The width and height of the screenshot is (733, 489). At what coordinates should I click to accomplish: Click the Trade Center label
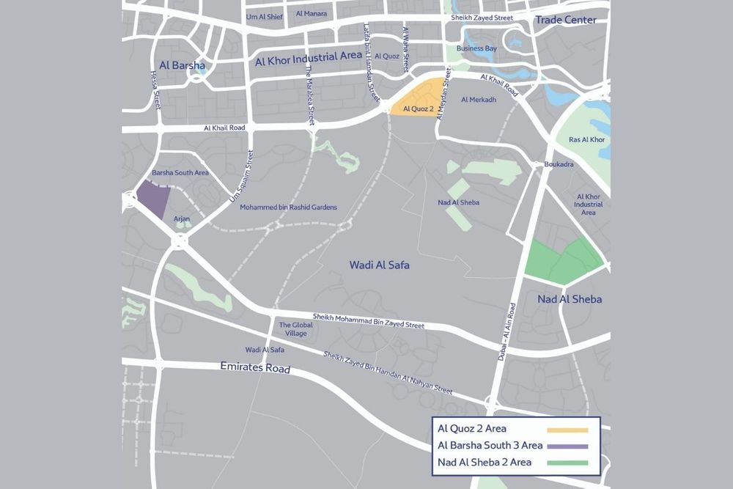pos(565,20)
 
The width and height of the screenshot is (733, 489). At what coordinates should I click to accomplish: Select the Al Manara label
pos(311,13)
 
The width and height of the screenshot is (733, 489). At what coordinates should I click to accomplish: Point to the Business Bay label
pos(476,48)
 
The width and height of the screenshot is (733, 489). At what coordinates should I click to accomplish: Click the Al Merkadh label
pos(479,100)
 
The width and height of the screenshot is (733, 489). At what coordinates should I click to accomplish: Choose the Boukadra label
pos(559,164)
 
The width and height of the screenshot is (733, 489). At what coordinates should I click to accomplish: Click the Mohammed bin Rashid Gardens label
pos(288,207)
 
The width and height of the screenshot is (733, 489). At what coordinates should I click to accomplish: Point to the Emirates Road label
pos(255,368)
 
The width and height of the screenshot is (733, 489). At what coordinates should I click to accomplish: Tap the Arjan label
pos(182,218)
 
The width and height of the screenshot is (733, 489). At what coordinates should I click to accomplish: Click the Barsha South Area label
pos(180,173)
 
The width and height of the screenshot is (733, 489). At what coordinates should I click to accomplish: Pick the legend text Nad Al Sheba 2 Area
pos(484,462)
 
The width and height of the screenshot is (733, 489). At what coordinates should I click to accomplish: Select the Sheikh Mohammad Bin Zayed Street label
pos(369,320)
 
